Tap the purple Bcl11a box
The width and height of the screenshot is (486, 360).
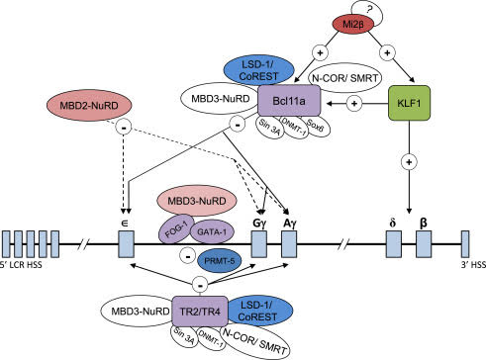click(x=286, y=102)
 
